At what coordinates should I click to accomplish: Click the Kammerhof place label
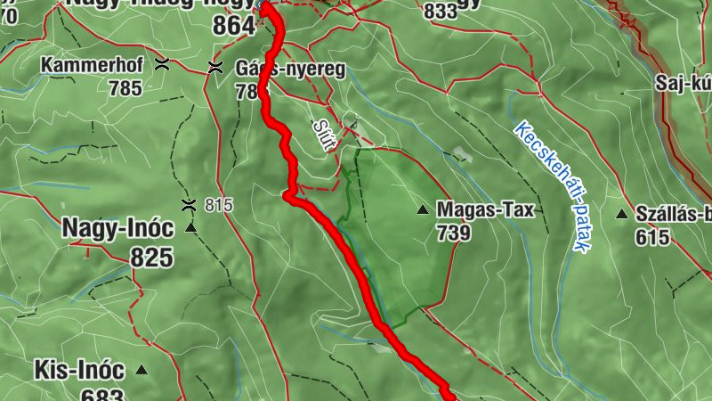click(90, 66)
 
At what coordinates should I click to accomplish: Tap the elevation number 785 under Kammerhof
click(125, 88)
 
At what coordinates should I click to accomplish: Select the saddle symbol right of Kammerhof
click(162, 63)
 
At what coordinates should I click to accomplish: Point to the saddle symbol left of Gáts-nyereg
click(214, 68)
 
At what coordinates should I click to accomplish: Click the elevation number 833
click(442, 11)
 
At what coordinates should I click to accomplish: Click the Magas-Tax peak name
click(485, 210)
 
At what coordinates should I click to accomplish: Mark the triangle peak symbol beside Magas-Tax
click(423, 210)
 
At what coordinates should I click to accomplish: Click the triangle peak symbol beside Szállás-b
click(621, 214)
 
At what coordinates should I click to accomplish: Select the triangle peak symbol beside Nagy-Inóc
click(190, 229)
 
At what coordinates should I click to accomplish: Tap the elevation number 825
click(151, 258)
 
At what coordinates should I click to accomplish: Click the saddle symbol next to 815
click(188, 205)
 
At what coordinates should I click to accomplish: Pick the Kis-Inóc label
click(79, 369)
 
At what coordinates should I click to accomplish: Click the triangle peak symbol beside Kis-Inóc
click(141, 369)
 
